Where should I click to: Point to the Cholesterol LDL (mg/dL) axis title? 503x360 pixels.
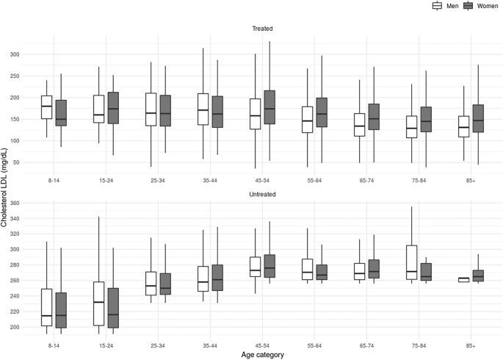tap(5, 181)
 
